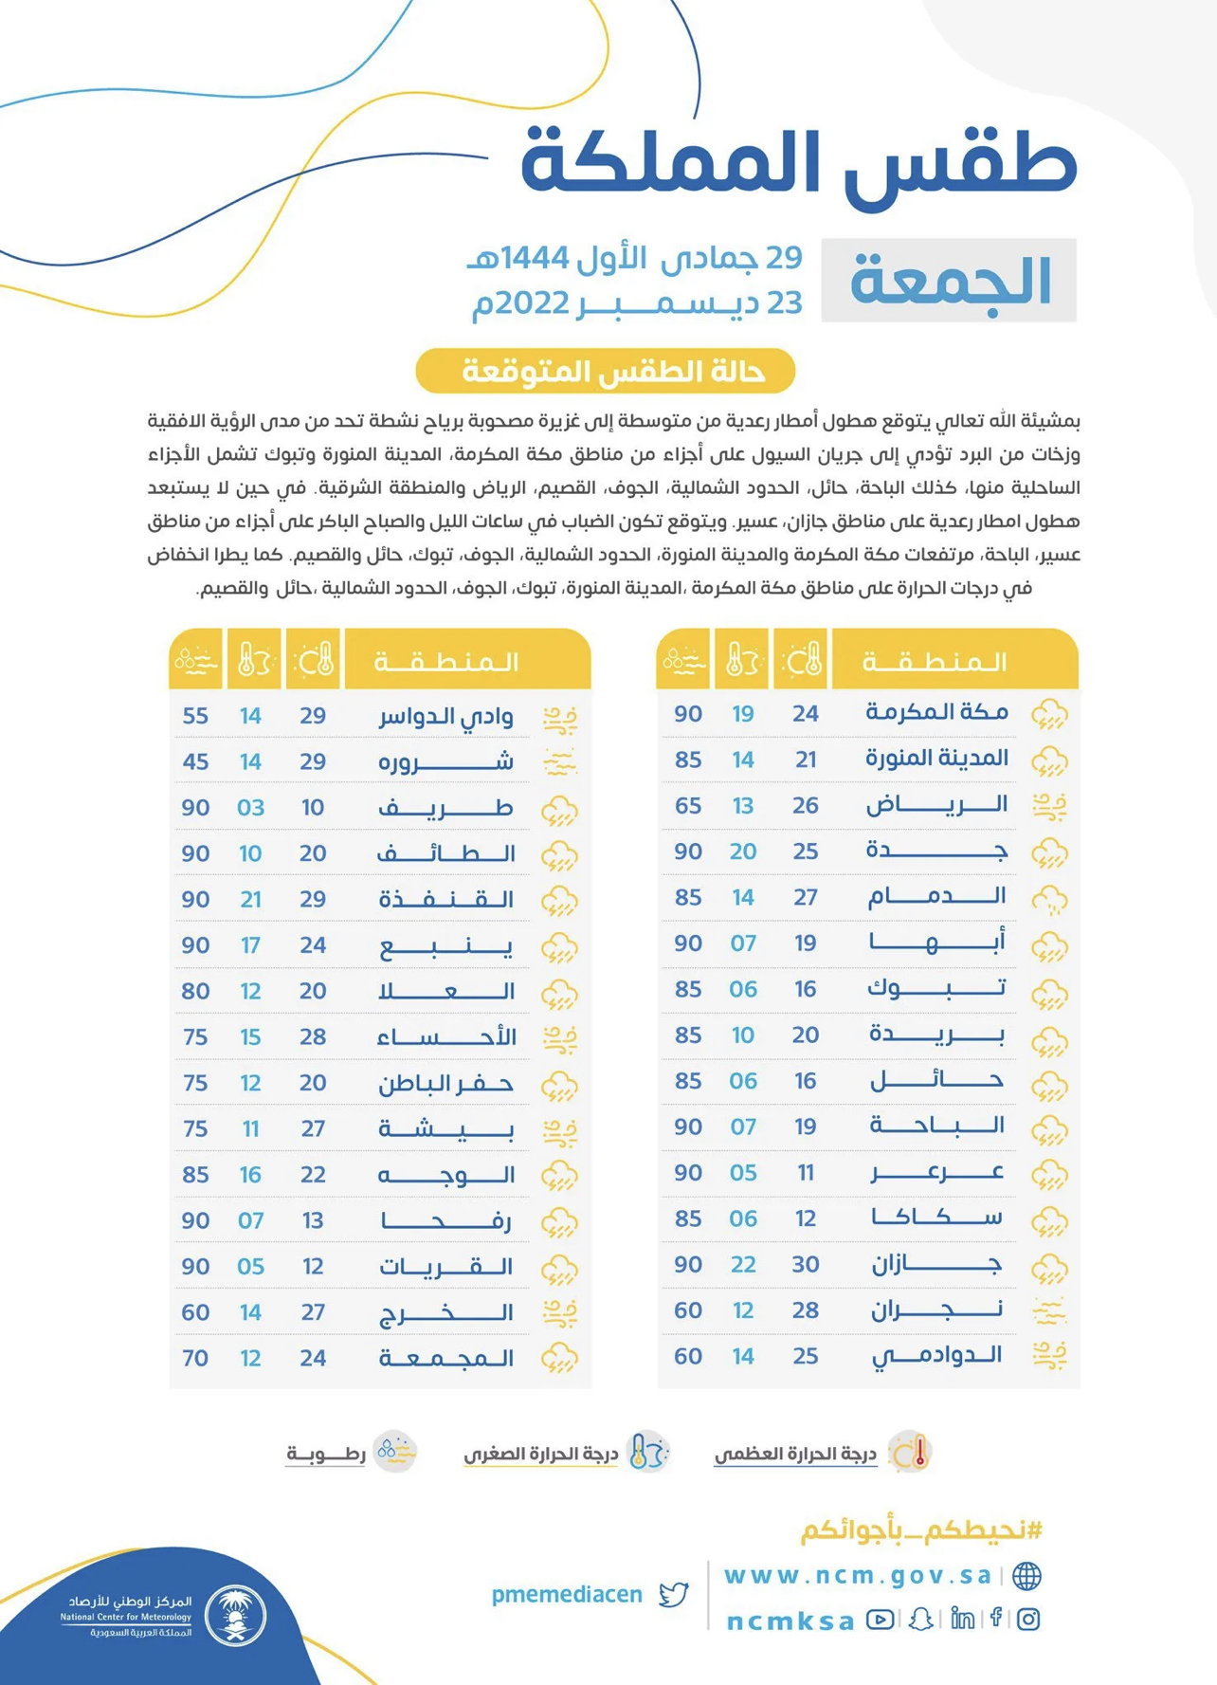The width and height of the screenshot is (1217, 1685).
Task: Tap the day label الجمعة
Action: click(x=950, y=281)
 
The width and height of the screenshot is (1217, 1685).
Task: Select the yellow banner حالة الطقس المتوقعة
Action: click(x=605, y=371)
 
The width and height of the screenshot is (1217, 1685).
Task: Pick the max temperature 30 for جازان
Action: click(x=806, y=1264)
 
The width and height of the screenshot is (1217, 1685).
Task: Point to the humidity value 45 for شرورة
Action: click(x=195, y=761)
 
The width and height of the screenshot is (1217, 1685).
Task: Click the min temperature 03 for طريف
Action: click(x=250, y=808)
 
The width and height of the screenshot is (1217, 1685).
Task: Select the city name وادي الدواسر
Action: click(x=445, y=716)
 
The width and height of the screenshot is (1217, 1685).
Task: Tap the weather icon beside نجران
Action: click(x=1049, y=1311)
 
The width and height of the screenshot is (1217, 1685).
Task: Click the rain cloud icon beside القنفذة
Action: click(x=560, y=901)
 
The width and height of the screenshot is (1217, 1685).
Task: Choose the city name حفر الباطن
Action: click(x=445, y=1083)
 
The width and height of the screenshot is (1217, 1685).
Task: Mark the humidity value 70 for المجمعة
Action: click(x=195, y=1358)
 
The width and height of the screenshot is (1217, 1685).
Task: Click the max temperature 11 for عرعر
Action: click(x=806, y=1173)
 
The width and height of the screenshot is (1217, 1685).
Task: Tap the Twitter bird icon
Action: click(x=674, y=1595)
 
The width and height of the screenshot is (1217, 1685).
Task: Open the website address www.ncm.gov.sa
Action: click(x=857, y=1576)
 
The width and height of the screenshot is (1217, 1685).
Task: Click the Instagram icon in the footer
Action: click(x=1028, y=1619)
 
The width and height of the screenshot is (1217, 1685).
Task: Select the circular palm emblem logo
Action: click(x=235, y=1615)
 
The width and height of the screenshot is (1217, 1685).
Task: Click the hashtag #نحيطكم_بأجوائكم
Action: click(x=921, y=1530)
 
